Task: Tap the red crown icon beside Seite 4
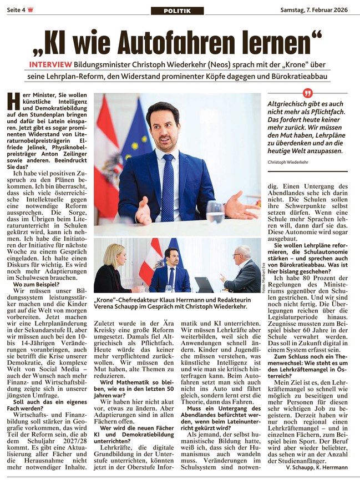coord(30,9)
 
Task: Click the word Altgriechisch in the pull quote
coord(288,104)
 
